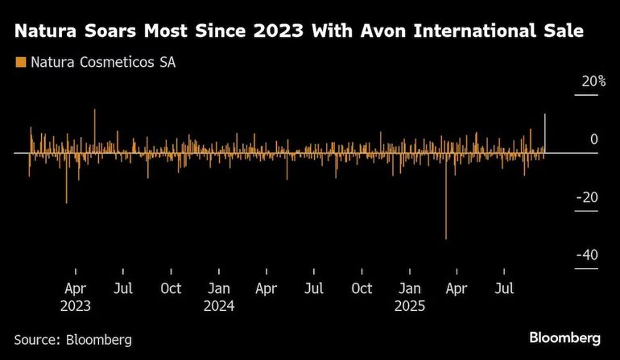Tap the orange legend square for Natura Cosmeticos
tap(20, 62)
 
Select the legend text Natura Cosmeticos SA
tap(102, 62)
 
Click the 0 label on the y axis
tap(593, 139)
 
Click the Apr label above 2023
tap(75, 288)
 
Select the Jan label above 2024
tap(219, 288)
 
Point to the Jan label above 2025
tap(410, 288)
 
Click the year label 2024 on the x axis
tap(219, 306)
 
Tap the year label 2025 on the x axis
tap(410, 306)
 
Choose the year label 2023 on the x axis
tap(75, 306)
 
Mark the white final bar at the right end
tap(545, 133)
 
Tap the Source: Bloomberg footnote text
tap(72, 340)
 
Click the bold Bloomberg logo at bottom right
tap(564, 337)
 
